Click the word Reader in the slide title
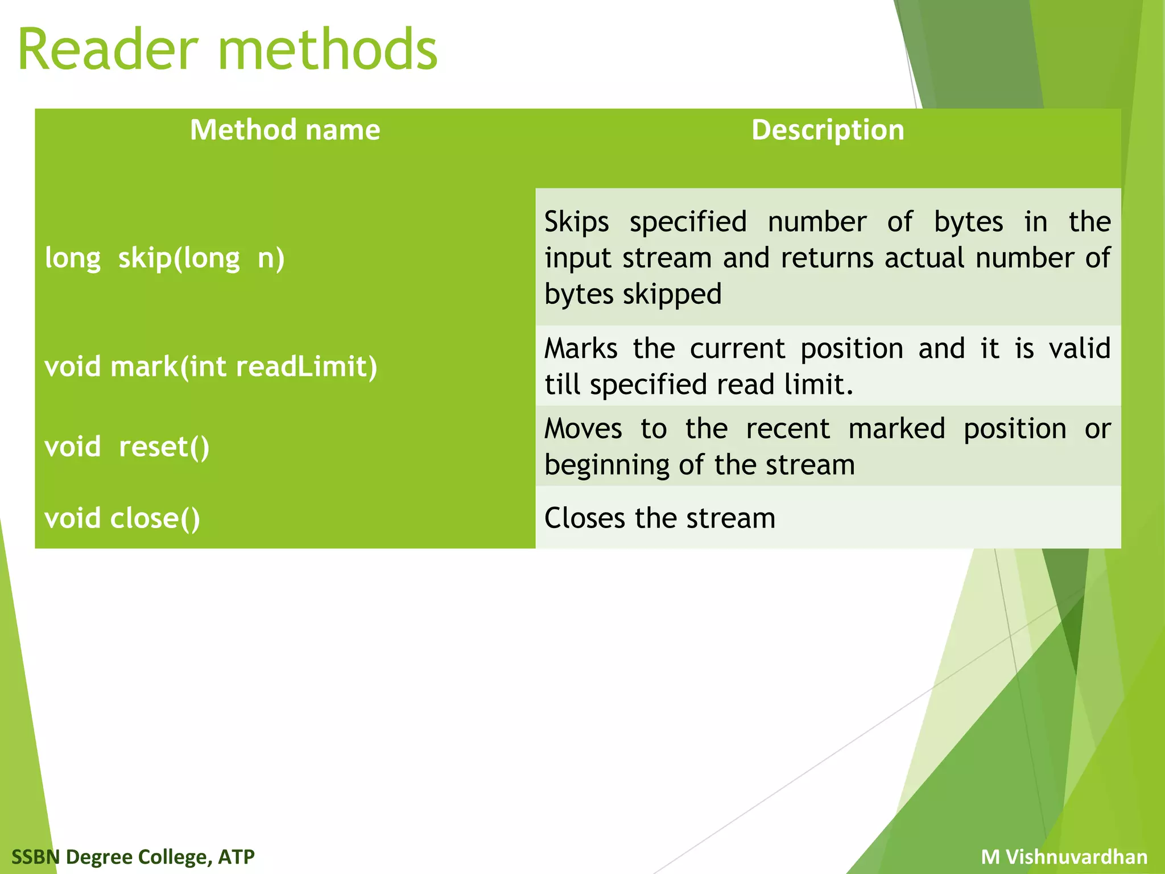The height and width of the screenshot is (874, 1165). tap(108, 50)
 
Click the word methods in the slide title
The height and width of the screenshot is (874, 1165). tap(328, 50)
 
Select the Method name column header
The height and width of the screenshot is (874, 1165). tap(285, 130)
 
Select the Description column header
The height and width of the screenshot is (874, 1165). tap(828, 130)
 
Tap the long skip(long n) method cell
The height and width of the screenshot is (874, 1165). tap(165, 258)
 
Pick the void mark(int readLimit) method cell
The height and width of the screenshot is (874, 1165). tap(211, 366)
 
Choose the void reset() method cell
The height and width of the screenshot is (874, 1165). tap(127, 447)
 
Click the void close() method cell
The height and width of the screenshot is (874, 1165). tap(122, 518)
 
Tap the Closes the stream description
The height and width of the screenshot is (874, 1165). tap(660, 518)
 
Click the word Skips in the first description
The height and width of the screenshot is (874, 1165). tap(576, 222)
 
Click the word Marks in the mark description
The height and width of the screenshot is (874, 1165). tap(581, 348)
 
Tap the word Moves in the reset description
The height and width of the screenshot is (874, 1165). tap(583, 428)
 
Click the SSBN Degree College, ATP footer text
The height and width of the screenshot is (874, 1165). tap(133, 856)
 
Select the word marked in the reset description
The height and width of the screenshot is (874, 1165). tap(897, 428)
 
